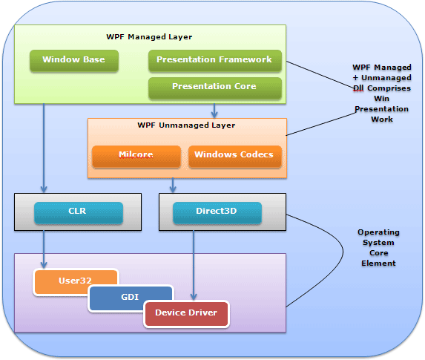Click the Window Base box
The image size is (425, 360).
[x=73, y=60]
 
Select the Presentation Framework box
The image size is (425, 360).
[x=214, y=60]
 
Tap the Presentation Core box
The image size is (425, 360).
[x=214, y=87]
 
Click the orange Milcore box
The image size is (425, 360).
[x=136, y=155]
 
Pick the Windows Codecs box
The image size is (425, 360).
[x=234, y=155]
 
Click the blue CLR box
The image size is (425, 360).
[x=77, y=212]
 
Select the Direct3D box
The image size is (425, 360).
[x=216, y=212]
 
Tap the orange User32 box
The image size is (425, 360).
[x=76, y=281]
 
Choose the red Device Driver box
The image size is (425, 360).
[x=186, y=313]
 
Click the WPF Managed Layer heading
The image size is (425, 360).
[x=150, y=36]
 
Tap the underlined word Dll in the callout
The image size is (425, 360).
[x=360, y=88]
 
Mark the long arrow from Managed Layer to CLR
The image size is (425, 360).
[x=44, y=148]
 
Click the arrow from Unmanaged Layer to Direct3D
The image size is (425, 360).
[x=174, y=185]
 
